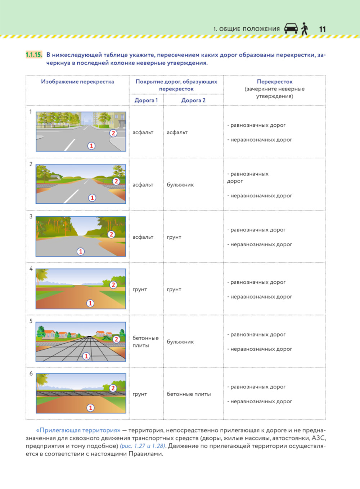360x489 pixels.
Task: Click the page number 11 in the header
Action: coord(322,29)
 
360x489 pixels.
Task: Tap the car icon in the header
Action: coord(291,28)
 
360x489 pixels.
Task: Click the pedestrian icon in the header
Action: coord(305,28)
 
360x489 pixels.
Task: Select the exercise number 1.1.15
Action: coord(34,55)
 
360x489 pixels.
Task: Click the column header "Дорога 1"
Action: coord(146,100)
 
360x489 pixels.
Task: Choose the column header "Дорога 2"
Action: coord(193,100)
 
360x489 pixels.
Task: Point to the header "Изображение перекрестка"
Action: coord(77,82)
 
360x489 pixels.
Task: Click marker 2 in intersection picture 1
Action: coord(113,133)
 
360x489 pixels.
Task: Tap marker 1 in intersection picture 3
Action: coord(81,251)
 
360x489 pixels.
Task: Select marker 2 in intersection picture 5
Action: coord(116,339)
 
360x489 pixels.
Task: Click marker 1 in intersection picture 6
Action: coord(90,408)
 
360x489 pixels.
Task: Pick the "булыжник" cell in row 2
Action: coord(180,185)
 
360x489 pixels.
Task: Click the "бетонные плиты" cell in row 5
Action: coord(145,342)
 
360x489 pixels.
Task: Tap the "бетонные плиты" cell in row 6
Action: coord(189,394)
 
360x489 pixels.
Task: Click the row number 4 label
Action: coord(31,269)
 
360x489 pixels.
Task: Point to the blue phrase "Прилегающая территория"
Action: coord(78,430)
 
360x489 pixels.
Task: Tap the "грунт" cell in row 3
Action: coord(174,237)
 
